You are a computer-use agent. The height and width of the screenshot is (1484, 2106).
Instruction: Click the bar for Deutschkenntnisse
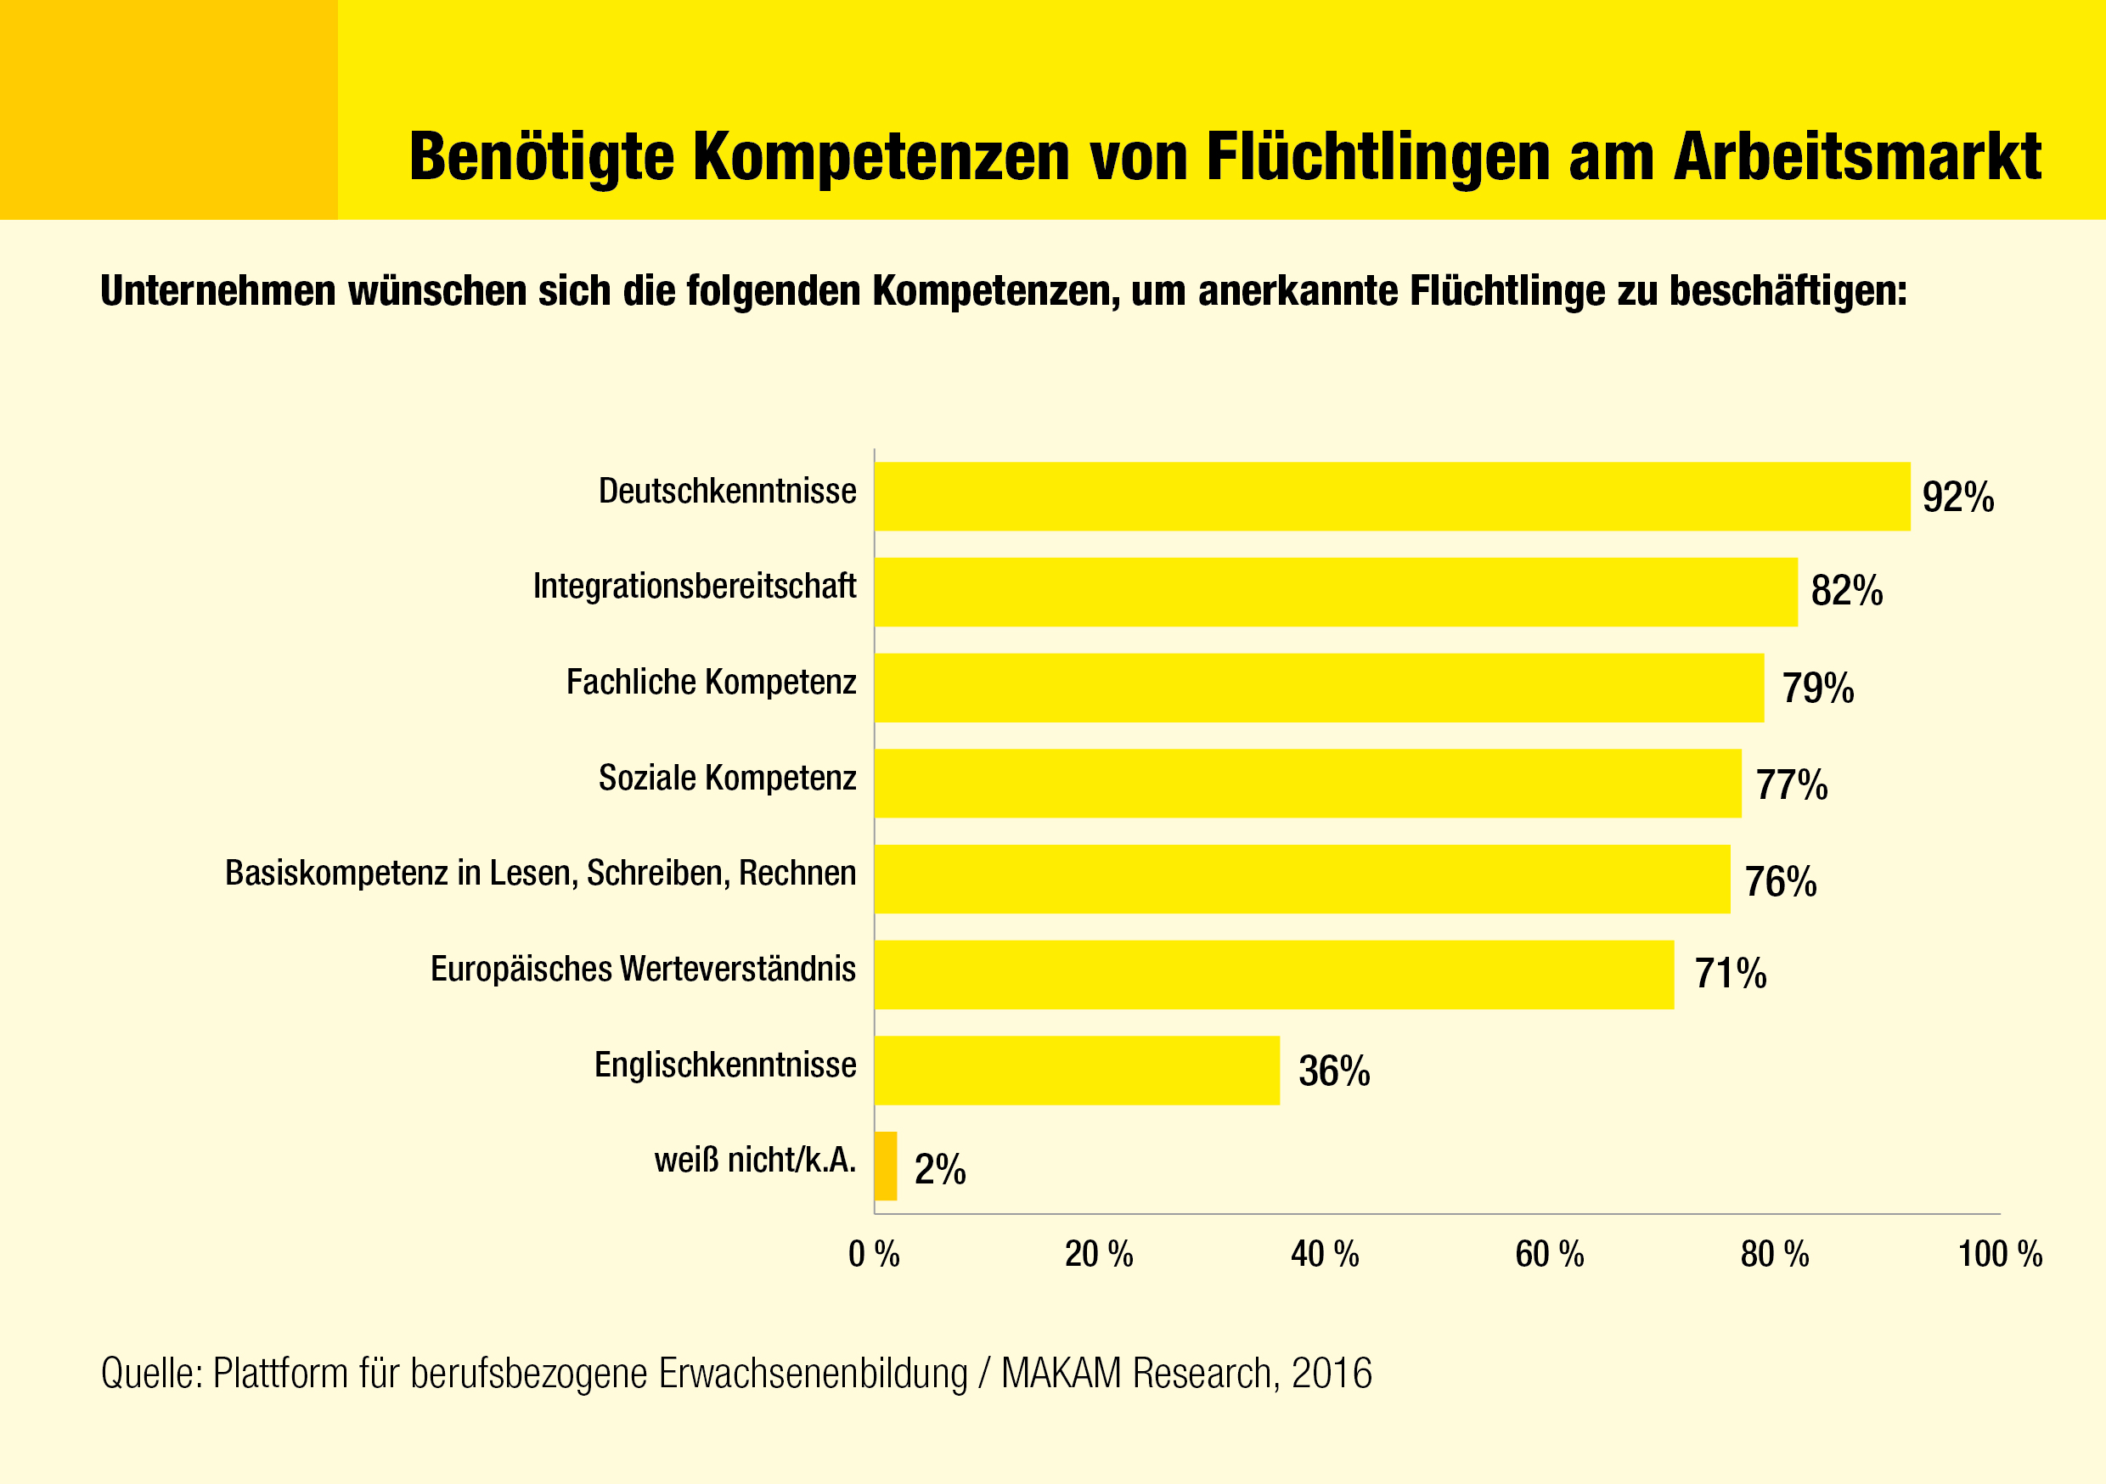coord(1392,496)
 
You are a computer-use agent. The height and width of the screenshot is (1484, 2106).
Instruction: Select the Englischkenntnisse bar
coord(1077,1071)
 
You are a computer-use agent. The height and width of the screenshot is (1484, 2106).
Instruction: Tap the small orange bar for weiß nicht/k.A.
coord(886,1166)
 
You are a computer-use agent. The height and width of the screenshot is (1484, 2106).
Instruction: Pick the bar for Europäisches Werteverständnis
coord(1274,974)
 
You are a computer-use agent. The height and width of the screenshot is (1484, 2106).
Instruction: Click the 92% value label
coord(1958,497)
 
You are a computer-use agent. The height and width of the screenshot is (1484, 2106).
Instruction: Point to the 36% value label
coord(1335,1071)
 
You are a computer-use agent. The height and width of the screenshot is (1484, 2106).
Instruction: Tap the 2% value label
coord(940,1169)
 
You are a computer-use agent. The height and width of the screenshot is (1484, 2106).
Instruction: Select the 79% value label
coord(1818,688)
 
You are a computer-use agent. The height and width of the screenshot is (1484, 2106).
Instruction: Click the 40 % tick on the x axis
coord(1325,1254)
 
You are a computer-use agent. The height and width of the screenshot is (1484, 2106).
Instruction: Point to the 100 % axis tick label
coord(2000,1254)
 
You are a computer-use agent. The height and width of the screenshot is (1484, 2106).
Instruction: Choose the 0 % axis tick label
coord(874,1254)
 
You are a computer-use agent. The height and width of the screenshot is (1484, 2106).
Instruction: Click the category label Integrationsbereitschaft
coord(695,586)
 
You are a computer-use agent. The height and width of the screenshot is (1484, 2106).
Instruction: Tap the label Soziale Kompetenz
coord(728,778)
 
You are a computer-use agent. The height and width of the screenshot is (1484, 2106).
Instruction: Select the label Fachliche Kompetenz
coord(711,683)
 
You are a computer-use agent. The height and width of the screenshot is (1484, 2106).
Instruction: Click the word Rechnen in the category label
coord(797,873)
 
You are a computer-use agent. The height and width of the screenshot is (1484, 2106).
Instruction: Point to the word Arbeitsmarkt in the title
coord(1857,157)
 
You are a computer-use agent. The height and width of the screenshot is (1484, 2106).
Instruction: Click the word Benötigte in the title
coord(540,157)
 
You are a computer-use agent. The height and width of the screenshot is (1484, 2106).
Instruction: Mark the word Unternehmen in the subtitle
coord(218,290)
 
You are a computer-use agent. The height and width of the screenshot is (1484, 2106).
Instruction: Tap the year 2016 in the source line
coord(1332,1374)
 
